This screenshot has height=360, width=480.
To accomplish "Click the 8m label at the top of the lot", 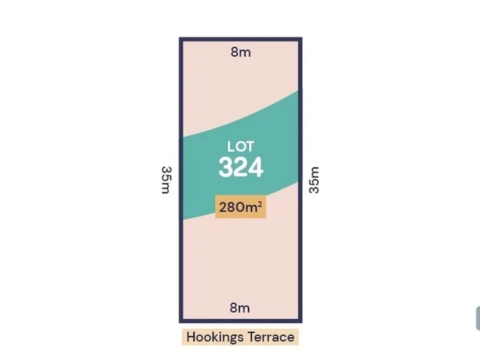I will pyautogui.click(x=241, y=52).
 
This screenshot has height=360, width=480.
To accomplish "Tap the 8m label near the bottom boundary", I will pyautogui.click(x=239, y=308).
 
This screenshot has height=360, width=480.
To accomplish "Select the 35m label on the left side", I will pyautogui.click(x=166, y=179).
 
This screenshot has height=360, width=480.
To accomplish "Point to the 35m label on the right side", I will pyautogui.click(x=314, y=179).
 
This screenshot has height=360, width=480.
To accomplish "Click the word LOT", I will pyautogui.click(x=241, y=147).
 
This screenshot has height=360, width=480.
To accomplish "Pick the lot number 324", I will pyautogui.click(x=241, y=167).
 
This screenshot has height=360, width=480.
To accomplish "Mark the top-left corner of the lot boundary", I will pyautogui.click(x=181, y=39).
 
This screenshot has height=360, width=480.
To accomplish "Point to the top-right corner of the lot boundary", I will pyautogui.click(x=300, y=39).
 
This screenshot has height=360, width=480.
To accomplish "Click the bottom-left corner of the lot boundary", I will pyautogui.click(x=181, y=321).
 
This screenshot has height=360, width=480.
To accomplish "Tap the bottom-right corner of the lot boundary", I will pyautogui.click(x=300, y=321).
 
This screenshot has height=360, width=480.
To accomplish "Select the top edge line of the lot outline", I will pyautogui.click(x=241, y=39).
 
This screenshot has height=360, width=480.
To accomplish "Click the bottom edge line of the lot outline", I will pyautogui.click(x=241, y=321).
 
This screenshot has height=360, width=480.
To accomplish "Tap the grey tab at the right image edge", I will pyautogui.click(x=477, y=319).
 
